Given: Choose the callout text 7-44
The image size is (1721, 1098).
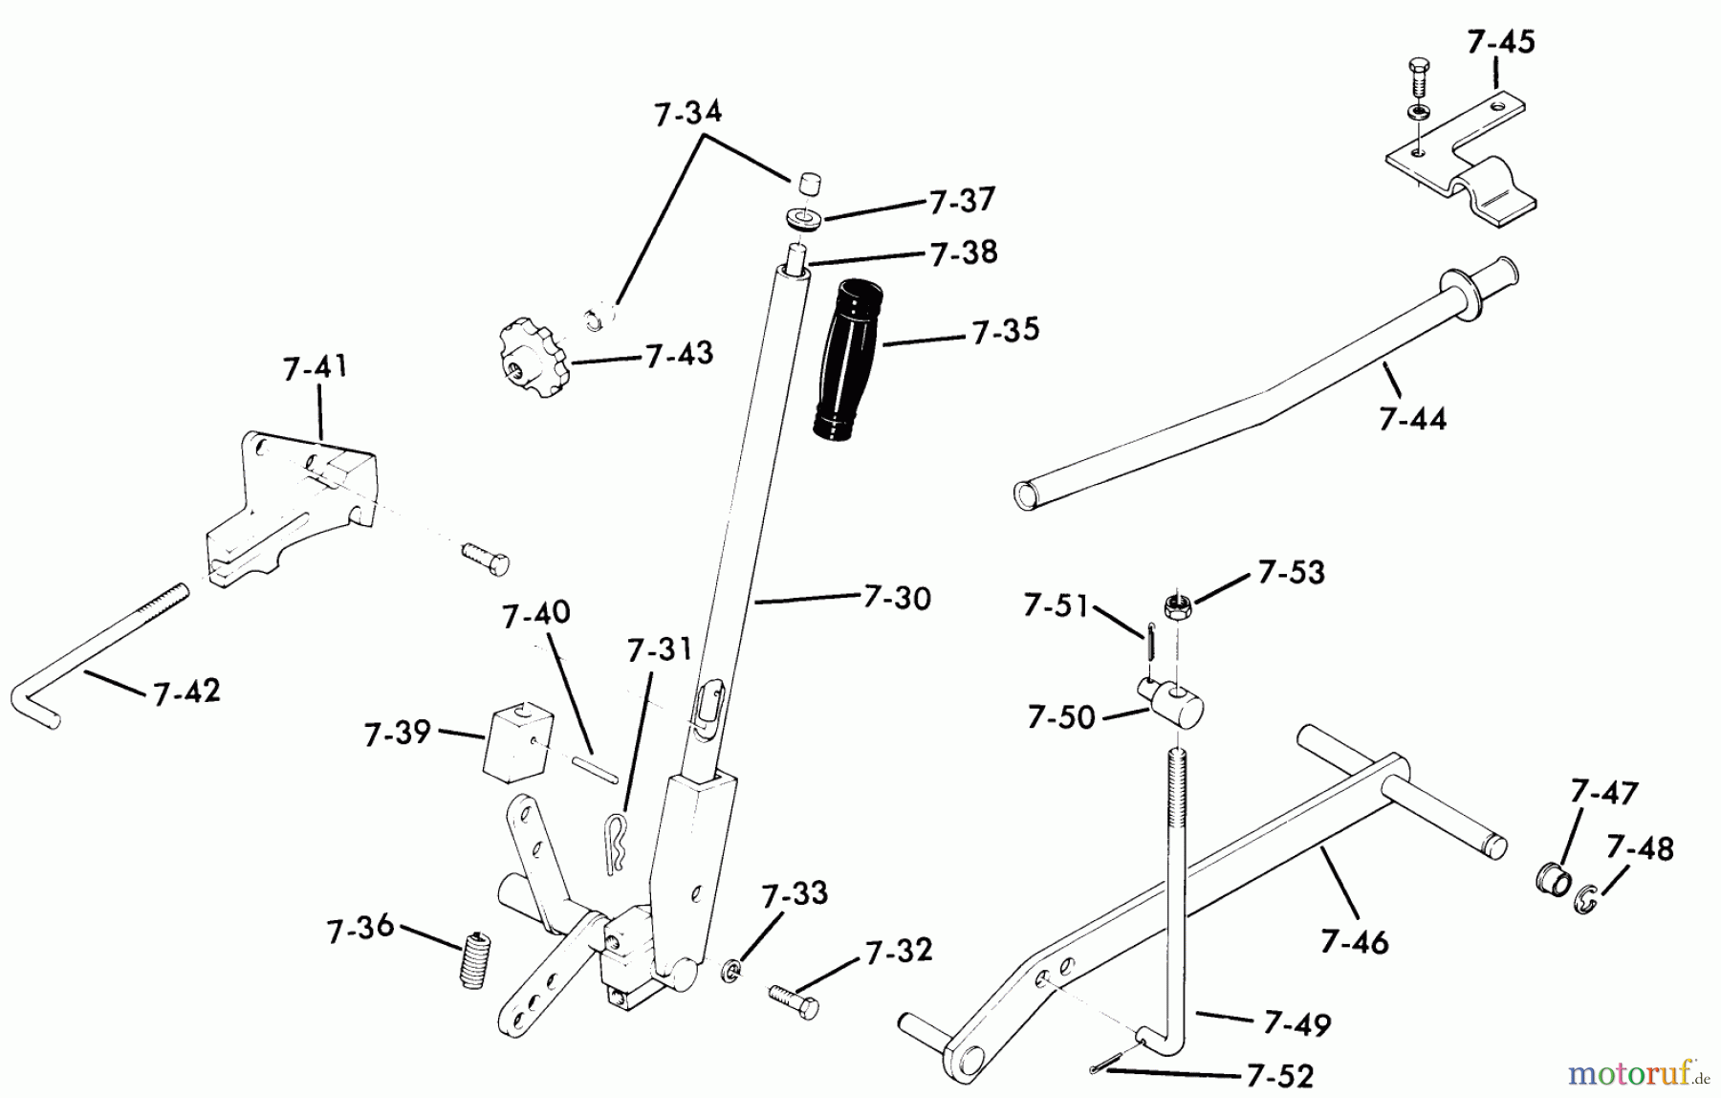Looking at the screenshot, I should pyautogui.click(x=1412, y=419).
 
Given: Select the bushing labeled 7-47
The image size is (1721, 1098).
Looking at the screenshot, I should pyautogui.click(x=1553, y=877).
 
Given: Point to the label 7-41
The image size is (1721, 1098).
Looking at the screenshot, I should pyautogui.click(x=316, y=367).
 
